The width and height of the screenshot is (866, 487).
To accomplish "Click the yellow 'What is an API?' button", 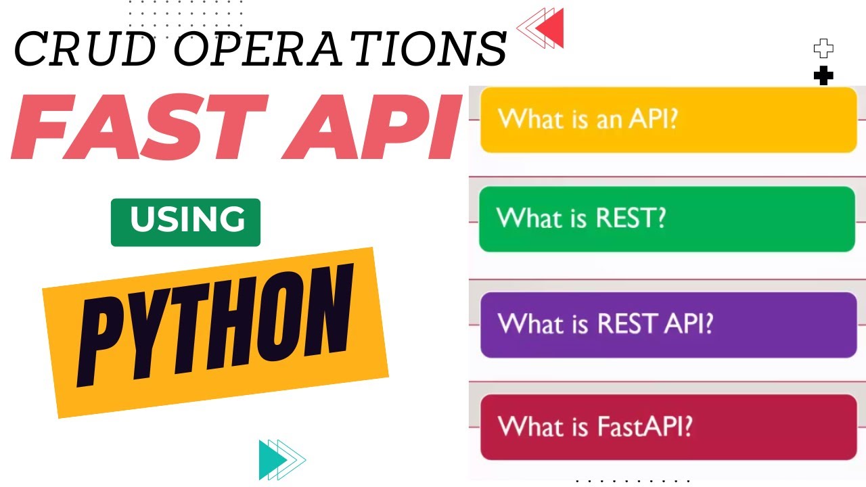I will click(x=668, y=120).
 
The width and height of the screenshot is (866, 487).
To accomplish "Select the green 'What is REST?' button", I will click(x=667, y=218).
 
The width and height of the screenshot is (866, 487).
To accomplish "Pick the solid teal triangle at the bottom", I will click(x=268, y=459).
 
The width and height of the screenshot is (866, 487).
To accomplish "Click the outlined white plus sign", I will click(x=823, y=49).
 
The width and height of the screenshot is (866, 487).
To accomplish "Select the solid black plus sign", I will click(x=823, y=76).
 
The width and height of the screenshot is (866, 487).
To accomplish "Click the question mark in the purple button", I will click(x=706, y=323).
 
